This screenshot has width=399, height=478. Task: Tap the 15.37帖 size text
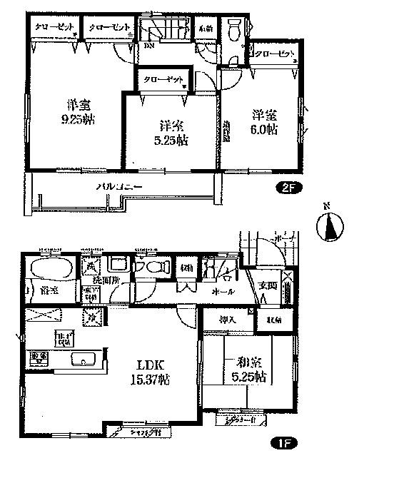pos(149,377)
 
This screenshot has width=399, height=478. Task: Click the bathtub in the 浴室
pos(48,270)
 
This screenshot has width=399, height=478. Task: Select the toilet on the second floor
pos(233,31)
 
